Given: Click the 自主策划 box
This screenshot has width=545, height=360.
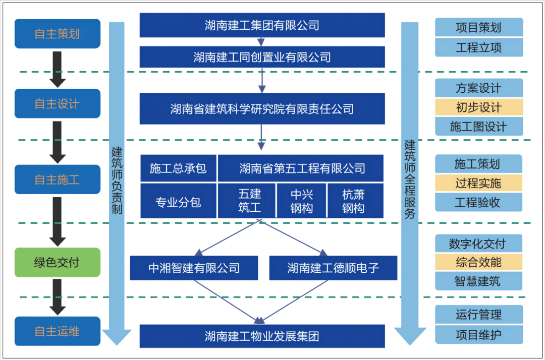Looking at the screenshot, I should (x=57, y=34).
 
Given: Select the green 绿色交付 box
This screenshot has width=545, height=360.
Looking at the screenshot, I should (x=57, y=262).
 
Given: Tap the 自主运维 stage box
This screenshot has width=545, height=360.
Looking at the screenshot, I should (x=57, y=331).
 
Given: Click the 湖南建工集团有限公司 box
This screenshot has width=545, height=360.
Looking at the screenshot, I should (x=262, y=25).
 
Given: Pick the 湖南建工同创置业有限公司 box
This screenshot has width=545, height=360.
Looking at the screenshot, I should (x=262, y=57).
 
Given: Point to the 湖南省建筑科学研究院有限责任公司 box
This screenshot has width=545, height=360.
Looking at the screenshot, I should (x=262, y=108).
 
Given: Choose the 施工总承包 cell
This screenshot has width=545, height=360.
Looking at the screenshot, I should (x=178, y=168).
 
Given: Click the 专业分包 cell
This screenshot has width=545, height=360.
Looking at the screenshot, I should (x=178, y=202).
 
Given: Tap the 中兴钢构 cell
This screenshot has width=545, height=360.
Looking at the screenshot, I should (x=302, y=201).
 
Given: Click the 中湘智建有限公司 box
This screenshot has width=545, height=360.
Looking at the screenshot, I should (x=194, y=268).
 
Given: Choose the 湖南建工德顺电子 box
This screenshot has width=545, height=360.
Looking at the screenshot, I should (x=333, y=268).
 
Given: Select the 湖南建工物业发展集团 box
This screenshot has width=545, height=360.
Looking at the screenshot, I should (x=262, y=336).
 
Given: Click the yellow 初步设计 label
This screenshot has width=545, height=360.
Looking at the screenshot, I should (x=479, y=107).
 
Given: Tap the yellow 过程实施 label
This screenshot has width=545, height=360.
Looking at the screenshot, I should (x=479, y=183).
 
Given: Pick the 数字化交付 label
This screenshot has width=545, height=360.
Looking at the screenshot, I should (x=479, y=244).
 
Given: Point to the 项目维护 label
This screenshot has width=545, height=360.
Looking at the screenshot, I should (x=479, y=335).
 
